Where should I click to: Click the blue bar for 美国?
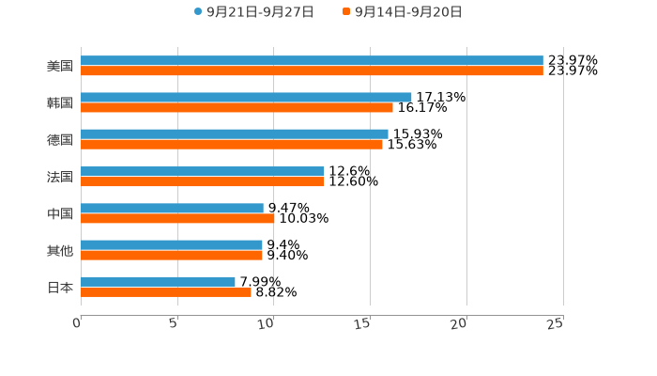[312, 61]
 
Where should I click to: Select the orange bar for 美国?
[312, 71]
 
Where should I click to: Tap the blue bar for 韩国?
[246, 98]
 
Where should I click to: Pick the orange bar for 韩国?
[237, 108]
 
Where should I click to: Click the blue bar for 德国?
[235, 134]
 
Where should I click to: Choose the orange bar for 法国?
[203, 181]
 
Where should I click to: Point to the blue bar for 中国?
[172, 208]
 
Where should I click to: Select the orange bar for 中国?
[177, 218]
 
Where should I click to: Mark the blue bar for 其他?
[172, 244]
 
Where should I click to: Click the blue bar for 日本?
[158, 281]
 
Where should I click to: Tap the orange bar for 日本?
[166, 291]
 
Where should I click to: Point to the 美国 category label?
[60, 67]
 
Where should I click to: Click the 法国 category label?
[60, 177]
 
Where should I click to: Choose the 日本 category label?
[60, 287]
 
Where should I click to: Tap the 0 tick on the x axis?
[78, 323]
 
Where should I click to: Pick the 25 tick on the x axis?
[556, 323]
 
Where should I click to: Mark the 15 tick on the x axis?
[364, 323]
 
